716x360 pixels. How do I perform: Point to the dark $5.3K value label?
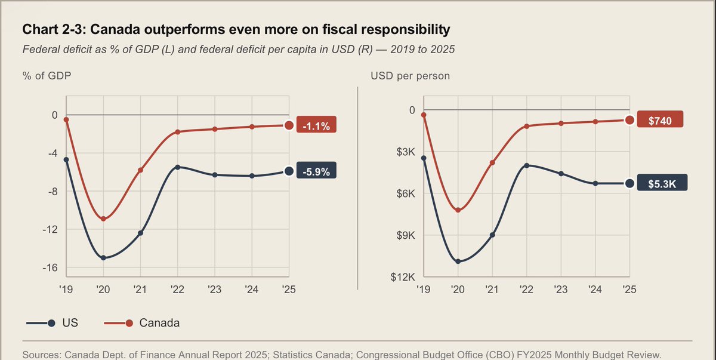coord(659,184)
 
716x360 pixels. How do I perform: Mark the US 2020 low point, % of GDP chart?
coord(103,258)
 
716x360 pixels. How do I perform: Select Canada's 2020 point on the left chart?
coord(103,219)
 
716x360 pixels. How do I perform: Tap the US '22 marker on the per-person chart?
coord(526,165)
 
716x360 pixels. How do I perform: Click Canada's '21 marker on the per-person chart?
coord(492,162)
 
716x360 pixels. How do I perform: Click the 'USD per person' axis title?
coord(410,76)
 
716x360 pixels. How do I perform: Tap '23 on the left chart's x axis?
coord(214,289)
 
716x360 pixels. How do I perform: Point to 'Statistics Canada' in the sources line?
coord(263,355)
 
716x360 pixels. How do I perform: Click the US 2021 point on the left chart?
coord(141,233)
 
